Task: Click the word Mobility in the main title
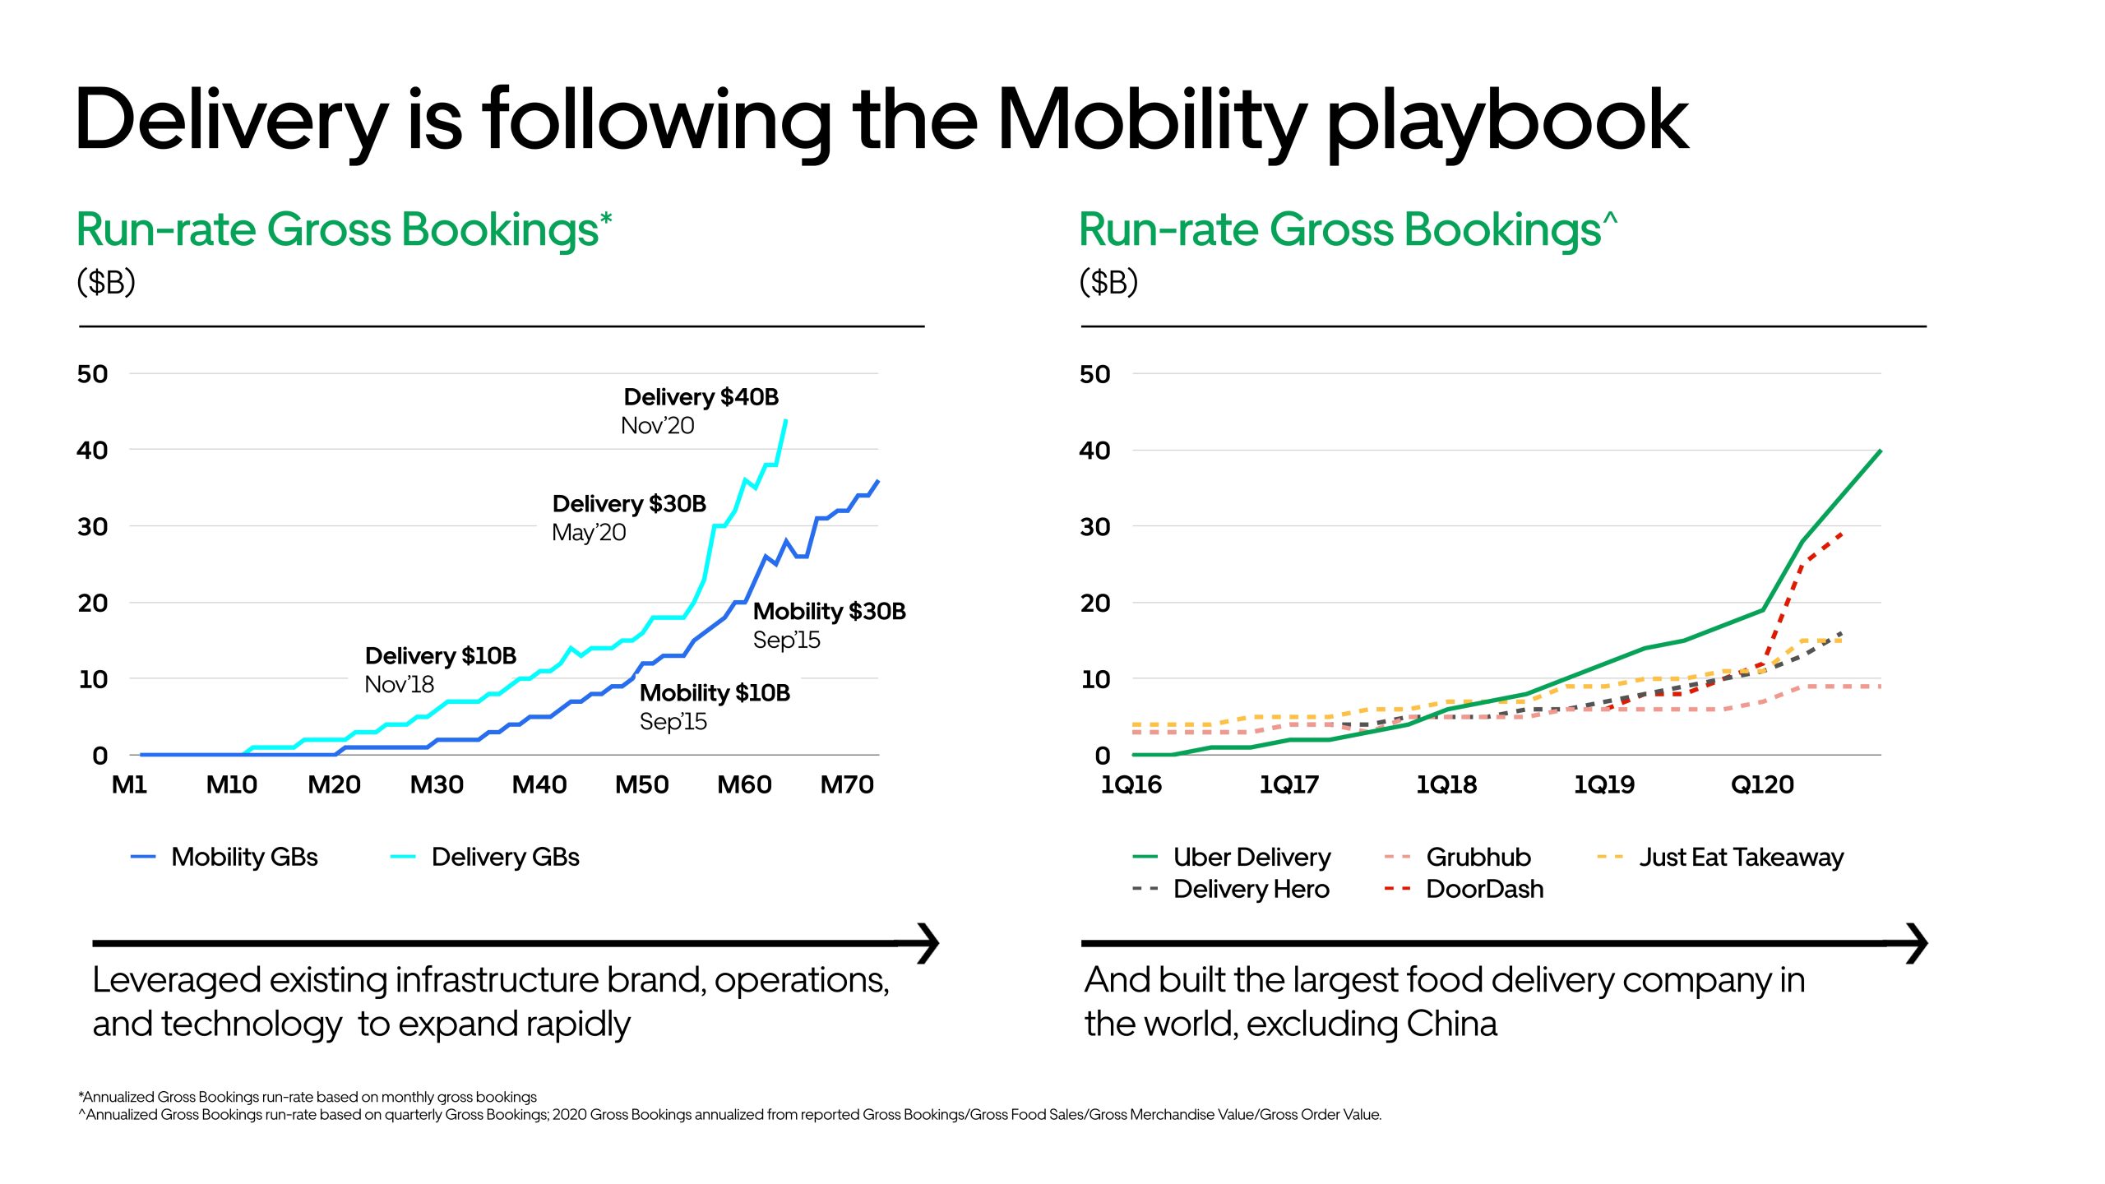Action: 1151,122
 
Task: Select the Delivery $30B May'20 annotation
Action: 629,517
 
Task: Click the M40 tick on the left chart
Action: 539,784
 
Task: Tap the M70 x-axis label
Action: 847,784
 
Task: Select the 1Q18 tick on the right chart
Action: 1446,784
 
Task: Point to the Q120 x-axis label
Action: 1762,784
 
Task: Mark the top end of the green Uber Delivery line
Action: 1881,451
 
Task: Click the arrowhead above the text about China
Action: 1918,943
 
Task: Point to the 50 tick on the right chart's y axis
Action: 1094,374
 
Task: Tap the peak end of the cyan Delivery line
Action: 786,420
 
